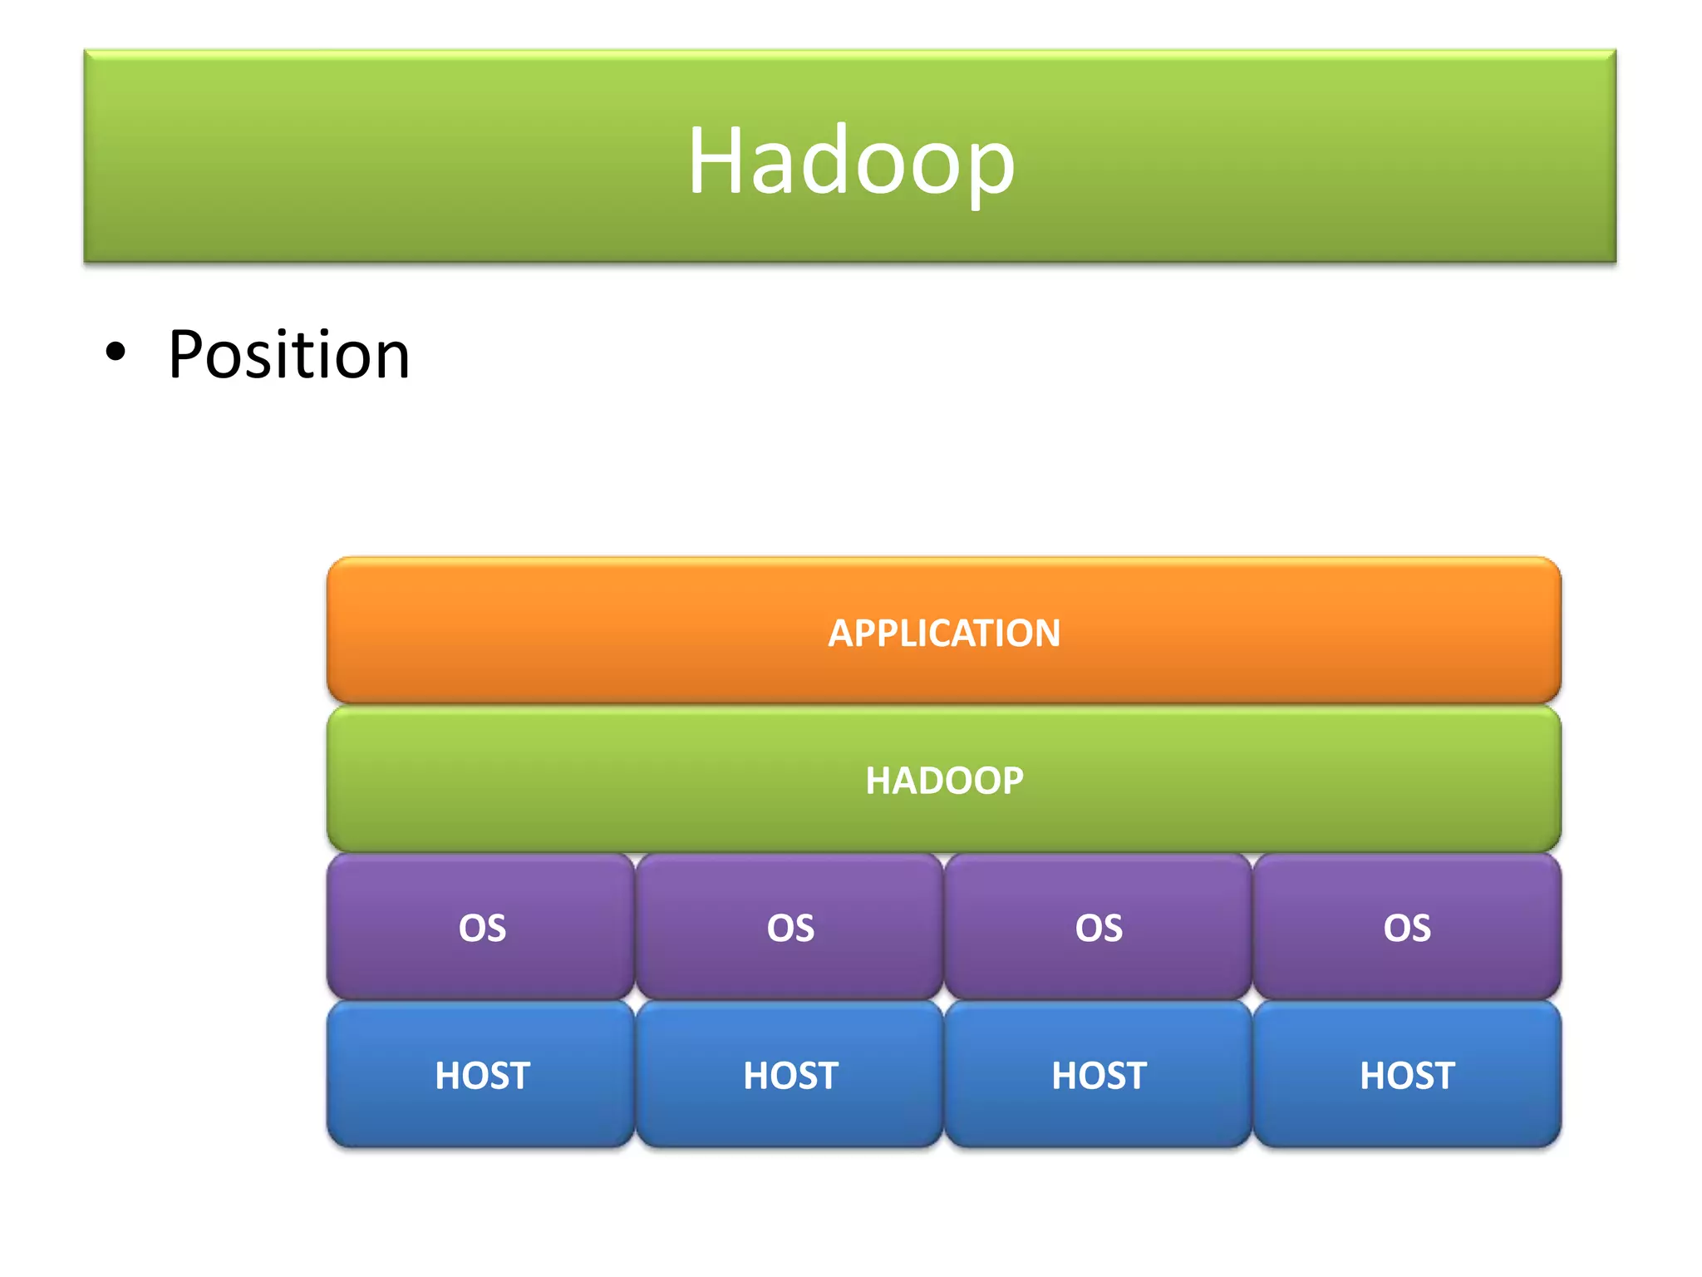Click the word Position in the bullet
pyautogui.click(x=288, y=355)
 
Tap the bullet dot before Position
pyautogui.click(x=116, y=353)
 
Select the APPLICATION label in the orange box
pyautogui.click(x=944, y=633)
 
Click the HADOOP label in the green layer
pyautogui.click(x=944, y=781)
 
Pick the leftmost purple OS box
pyautogui.click(x=481, y=927)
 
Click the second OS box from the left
pyautogui.click(x=790, y=927)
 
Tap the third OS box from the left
pyautogui.click(x=1098, y=927)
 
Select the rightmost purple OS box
pyautogui.click(x=1407, y=927)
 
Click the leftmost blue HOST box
pyautogui.click(x=481, y=1075)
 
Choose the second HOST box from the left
pyautogui.click(x=790, y=1075)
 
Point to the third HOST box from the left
pyautogui.click(x=1098, y=1075)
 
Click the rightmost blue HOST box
pyautogui.click(x=1407, y=1075)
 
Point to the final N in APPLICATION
pyautogui.click(x=1046, y=634)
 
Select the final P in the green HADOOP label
pyautogui.click(x=1011, y=781)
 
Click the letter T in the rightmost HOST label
pyautogui.click(x=1442, y=1076)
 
